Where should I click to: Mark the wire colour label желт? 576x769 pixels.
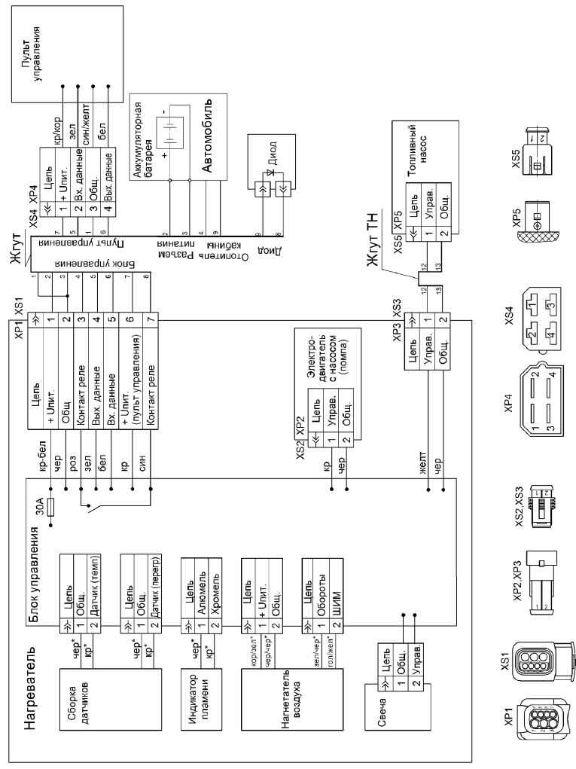point(427,461)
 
